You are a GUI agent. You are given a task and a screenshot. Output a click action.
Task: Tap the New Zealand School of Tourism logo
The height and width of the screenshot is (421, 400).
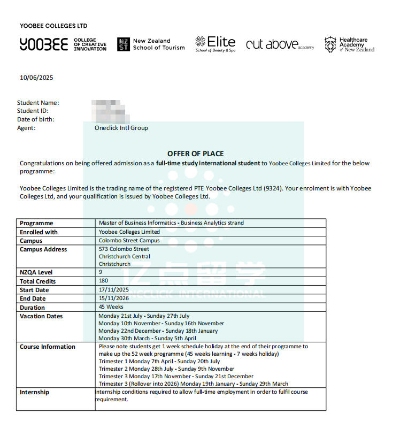pos(151,44)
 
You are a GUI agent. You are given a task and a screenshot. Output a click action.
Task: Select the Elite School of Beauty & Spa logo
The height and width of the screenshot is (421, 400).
pos(216,44)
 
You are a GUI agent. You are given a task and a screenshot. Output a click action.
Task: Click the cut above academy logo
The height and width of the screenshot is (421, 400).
pos(280,45)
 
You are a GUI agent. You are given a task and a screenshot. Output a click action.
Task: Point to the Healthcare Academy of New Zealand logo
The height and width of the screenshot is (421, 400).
pos(349,44)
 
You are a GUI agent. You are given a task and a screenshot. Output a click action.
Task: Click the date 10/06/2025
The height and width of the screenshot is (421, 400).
pos(36,78)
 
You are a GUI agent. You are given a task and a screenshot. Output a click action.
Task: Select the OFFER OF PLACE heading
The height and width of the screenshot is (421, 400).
pos(195,154)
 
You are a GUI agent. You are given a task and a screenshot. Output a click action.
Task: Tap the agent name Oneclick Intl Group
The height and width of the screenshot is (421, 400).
pos(121,128)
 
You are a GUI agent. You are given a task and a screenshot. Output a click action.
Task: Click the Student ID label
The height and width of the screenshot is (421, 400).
pos(33,111)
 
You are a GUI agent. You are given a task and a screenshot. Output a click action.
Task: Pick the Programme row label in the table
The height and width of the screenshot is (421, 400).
pos(36,223)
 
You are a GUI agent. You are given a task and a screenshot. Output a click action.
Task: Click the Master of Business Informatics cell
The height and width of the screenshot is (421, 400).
pos(171,223)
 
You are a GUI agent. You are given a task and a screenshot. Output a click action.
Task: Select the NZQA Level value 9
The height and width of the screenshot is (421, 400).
pos(101,272)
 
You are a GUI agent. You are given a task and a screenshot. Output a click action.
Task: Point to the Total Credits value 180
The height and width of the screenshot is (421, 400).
pos(104,280)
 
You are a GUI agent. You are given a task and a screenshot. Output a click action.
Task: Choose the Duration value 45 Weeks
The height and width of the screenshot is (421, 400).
pos(111,307)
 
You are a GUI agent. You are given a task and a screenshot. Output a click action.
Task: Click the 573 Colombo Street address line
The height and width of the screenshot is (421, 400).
pos(124,249)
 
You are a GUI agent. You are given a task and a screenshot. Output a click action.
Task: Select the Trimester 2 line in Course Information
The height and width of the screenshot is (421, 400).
pos(166,369)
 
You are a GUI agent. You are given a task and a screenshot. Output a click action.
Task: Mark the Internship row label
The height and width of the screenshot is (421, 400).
pos(34,392)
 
